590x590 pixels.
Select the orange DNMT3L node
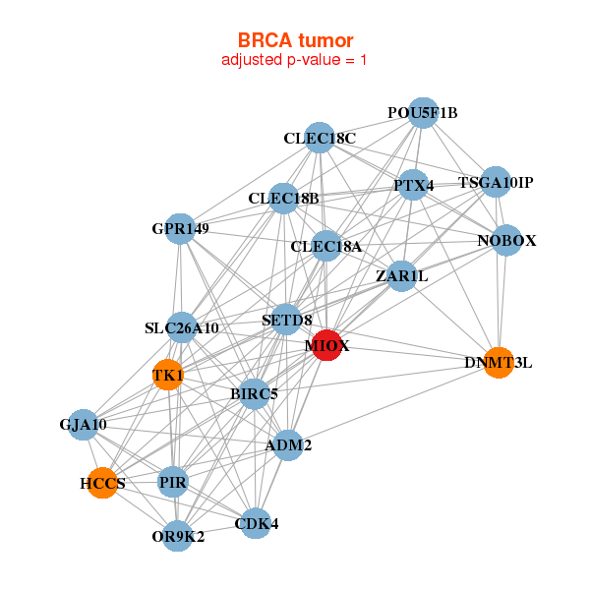(x=499, y=362)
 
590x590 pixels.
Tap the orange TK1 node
(x=168, y=375)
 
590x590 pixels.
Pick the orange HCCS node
(x=102, y=484)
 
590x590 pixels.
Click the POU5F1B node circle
(x=422, y=112)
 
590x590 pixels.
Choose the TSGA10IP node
(x=496, y=182)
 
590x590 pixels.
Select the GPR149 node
(x=180, y=229)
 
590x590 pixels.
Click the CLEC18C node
(x=320, y=138)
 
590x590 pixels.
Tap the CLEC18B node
(x=283, y=199)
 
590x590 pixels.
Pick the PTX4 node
(x=413, y=185)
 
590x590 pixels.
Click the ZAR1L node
(x=402, y=276)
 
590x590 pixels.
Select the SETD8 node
(x=286, y=320)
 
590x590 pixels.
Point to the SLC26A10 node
(x=182, y=327)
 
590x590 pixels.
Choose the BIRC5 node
(x=254, y=394)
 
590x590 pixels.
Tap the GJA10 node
(x=84, y=425)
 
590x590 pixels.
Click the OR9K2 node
(x=178, y=536)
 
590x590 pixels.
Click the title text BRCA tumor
(x=295, y=40)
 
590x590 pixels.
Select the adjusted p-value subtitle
(x=295, y=60)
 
